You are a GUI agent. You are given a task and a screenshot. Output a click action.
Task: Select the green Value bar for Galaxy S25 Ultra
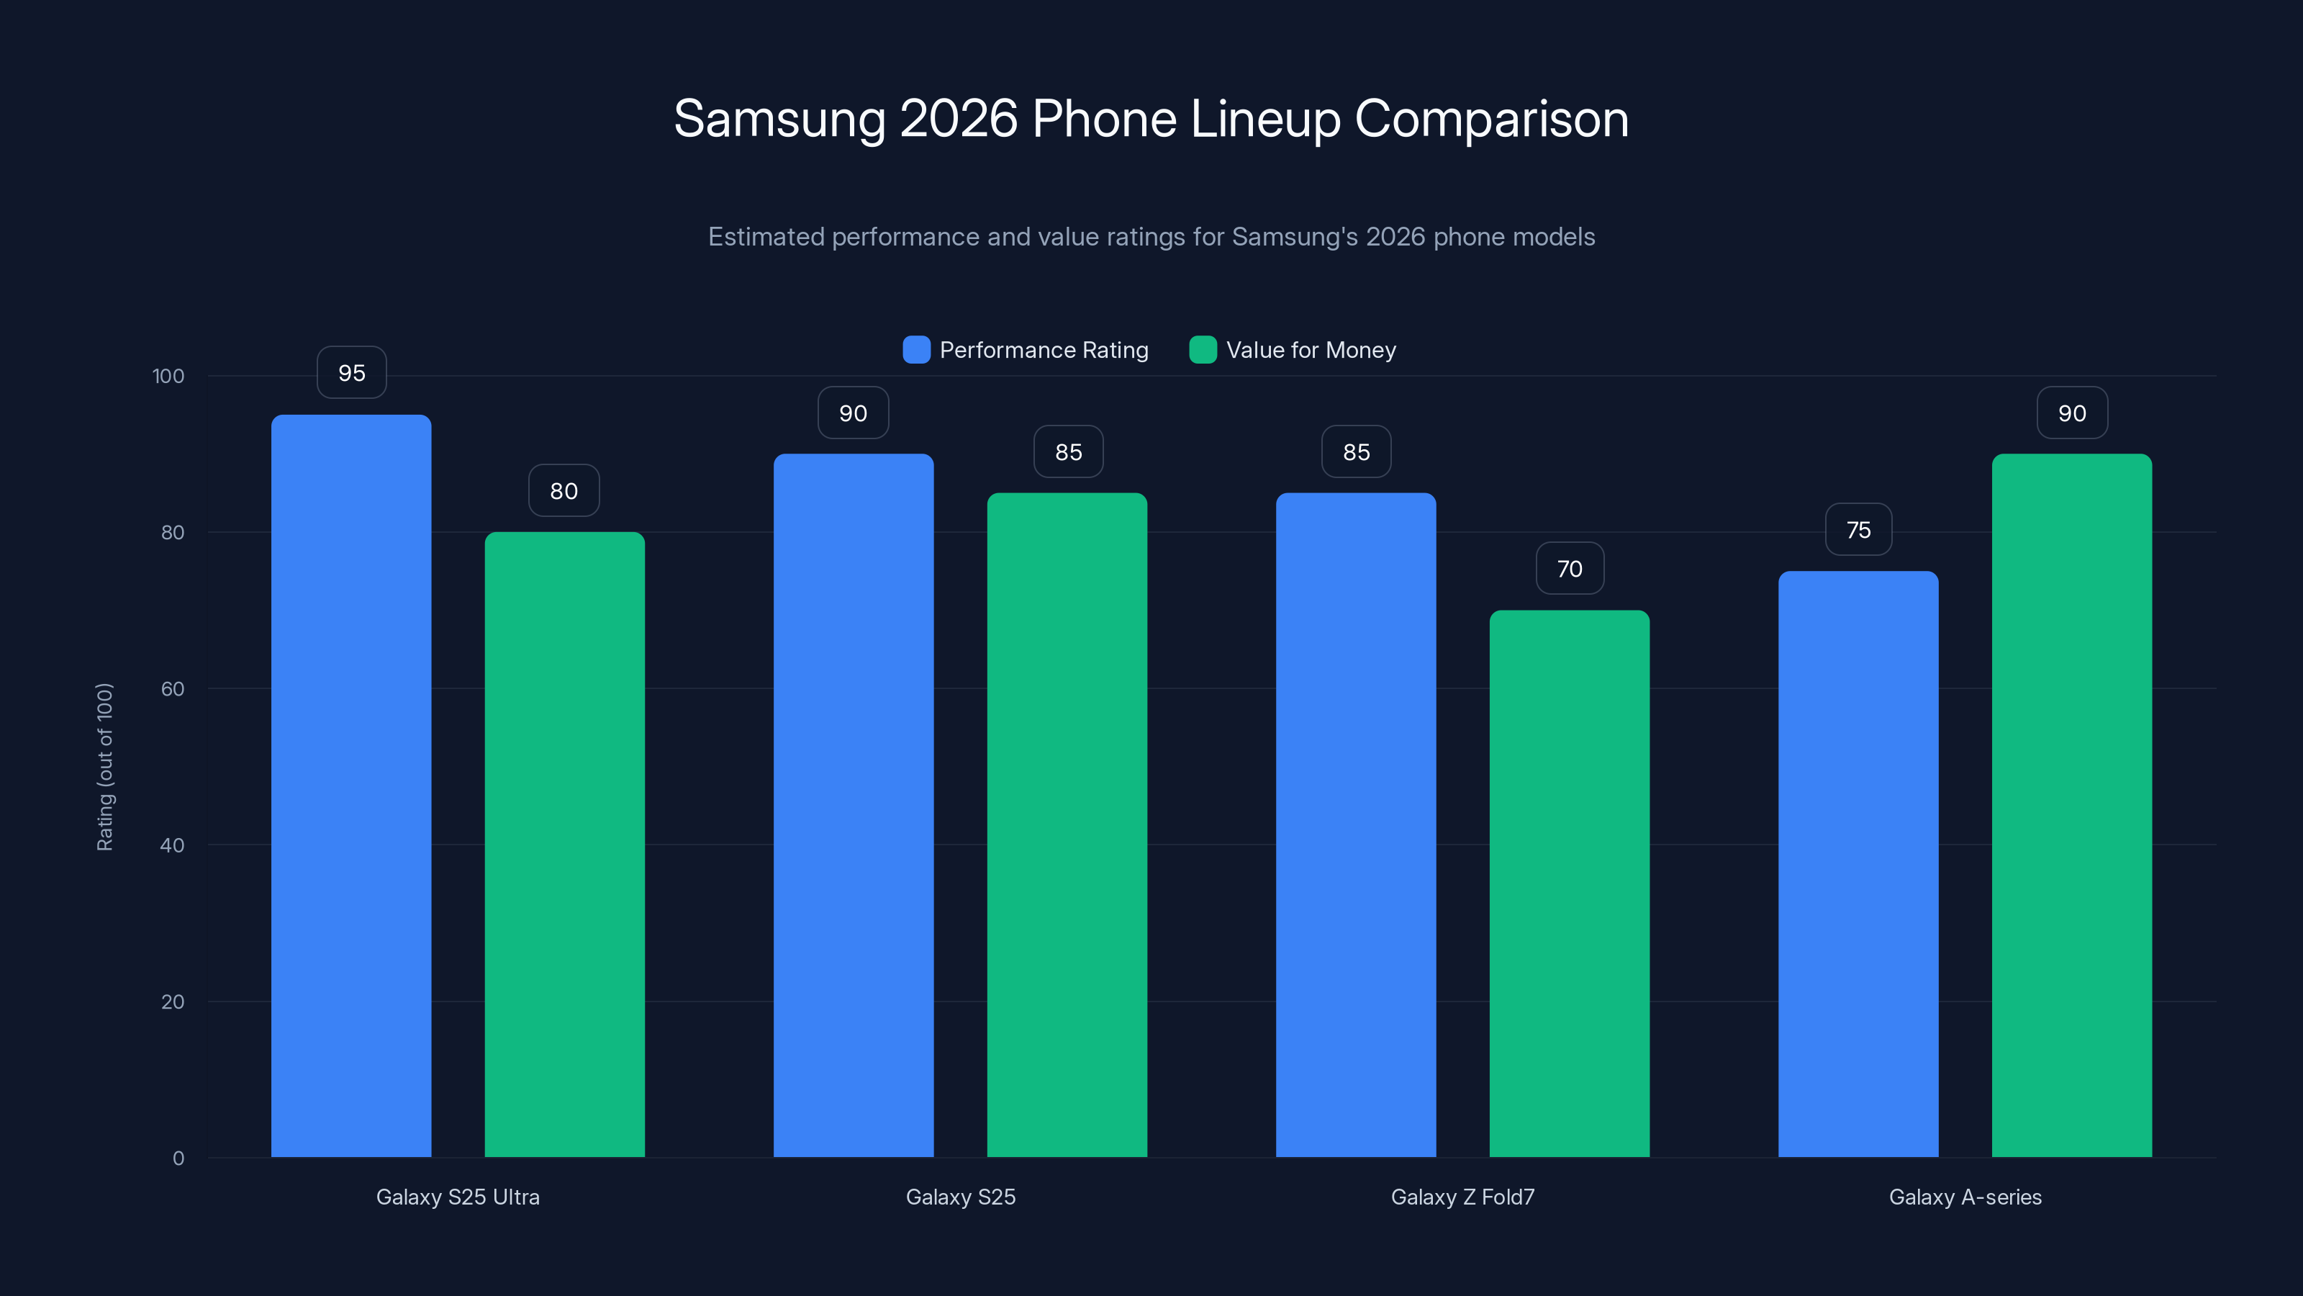pos(564,845)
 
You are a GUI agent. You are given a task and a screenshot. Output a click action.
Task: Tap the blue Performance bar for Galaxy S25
pos(853,805)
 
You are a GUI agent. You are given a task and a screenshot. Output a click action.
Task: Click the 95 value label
pos(351,373)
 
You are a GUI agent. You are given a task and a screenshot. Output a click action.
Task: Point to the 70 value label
pos(1569,569)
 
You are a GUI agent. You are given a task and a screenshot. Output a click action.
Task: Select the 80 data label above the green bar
pos(564,491)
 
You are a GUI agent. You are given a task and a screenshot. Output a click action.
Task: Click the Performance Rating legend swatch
pos(916,350)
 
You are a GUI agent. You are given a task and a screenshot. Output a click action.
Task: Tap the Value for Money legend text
pos(1311,350)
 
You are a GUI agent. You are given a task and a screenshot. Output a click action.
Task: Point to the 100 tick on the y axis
pos(168,377)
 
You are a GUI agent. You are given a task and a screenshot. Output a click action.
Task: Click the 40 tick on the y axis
pos(172,845)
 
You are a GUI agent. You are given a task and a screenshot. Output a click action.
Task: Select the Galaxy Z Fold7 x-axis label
pos(1462,1197)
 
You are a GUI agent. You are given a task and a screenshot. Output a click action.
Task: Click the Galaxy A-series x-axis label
pos(1965,1197)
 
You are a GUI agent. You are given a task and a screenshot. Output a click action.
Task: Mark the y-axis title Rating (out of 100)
pos(104,767)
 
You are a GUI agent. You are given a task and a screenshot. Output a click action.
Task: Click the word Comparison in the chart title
pos(1491,119)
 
